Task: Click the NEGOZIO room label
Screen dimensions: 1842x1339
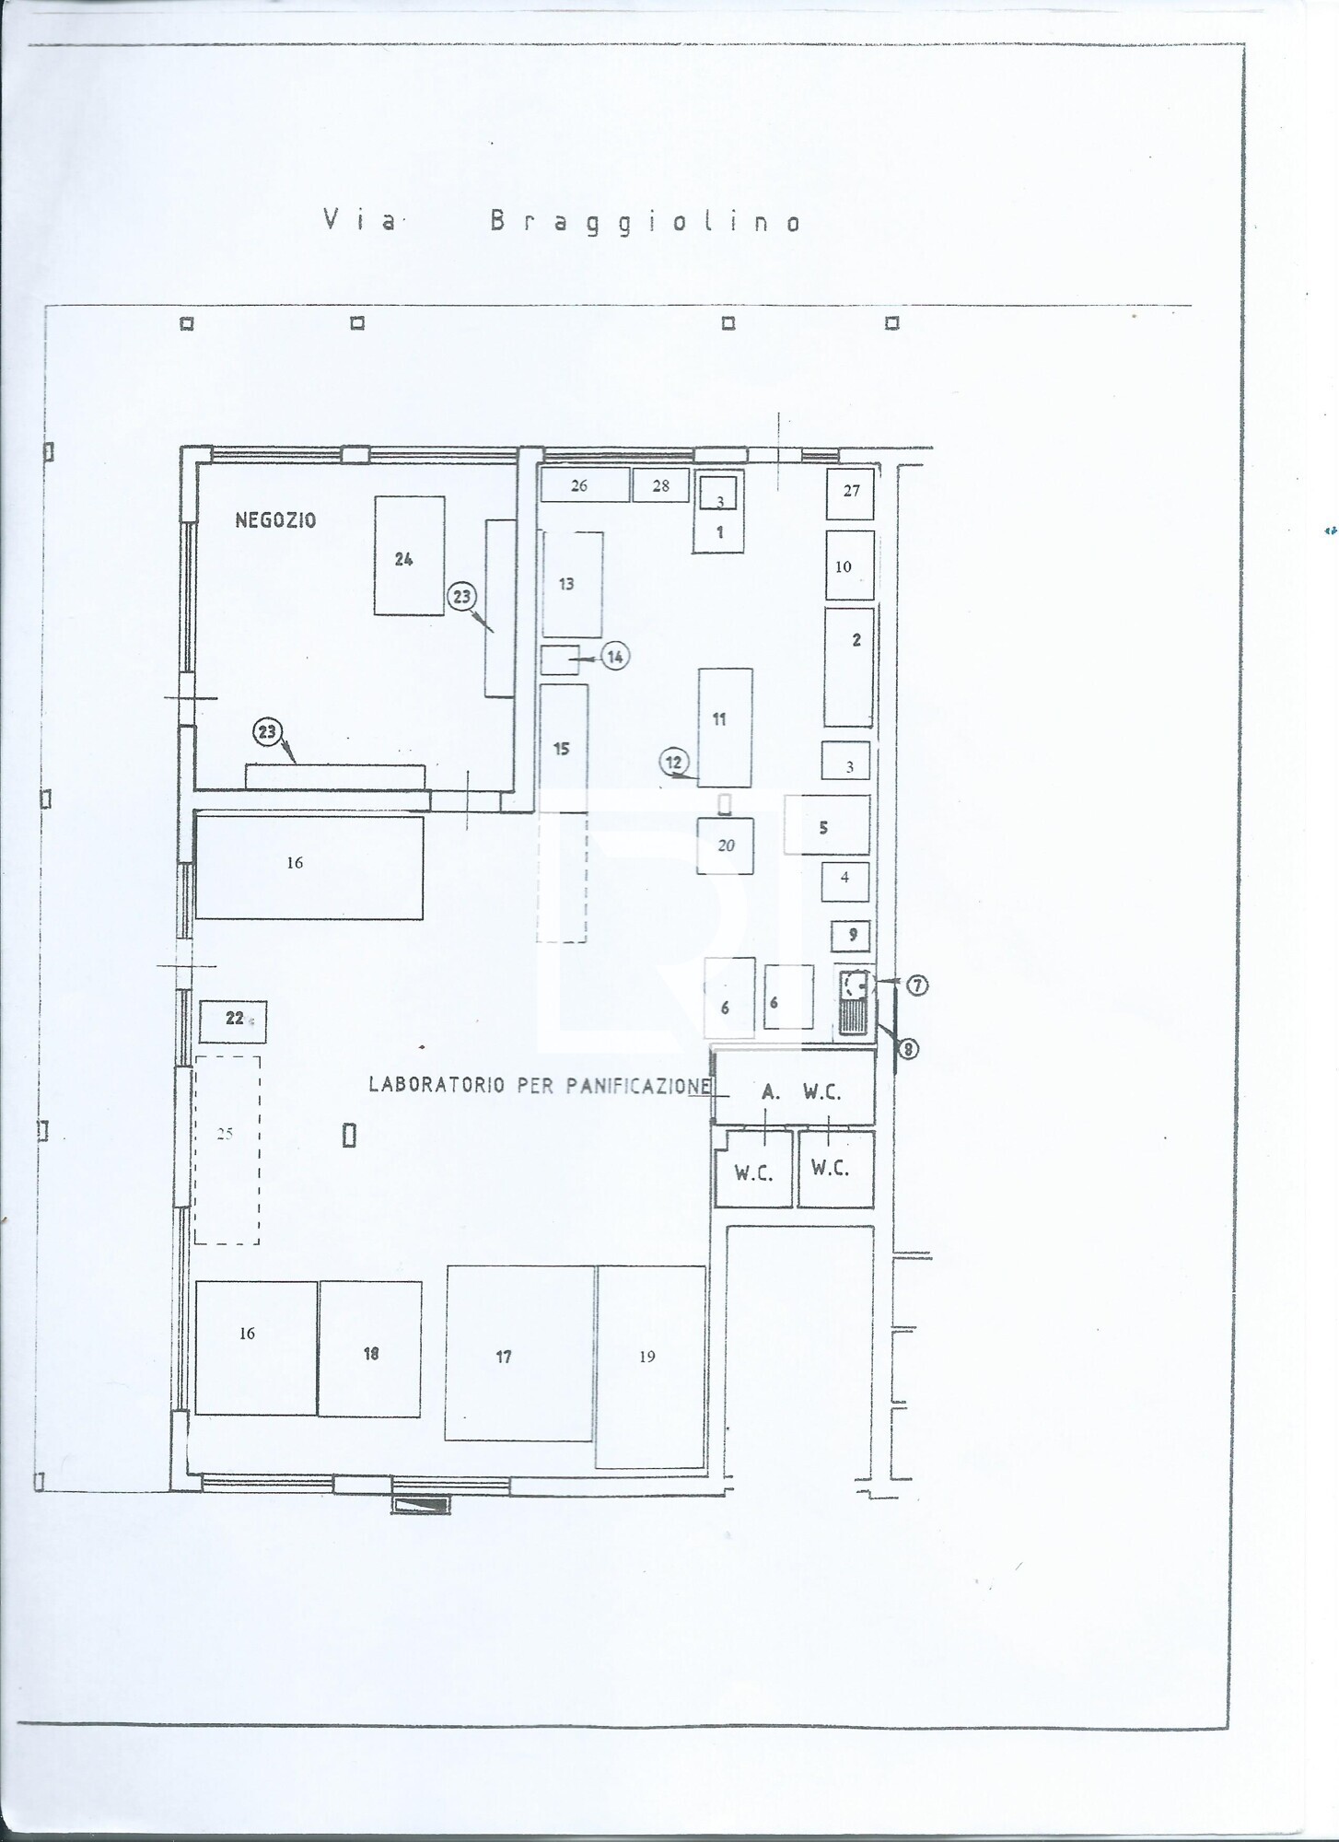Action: point(275,520)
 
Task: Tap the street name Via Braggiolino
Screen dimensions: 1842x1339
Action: point(563,222)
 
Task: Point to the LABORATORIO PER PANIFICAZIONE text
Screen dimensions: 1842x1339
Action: point(540,1085)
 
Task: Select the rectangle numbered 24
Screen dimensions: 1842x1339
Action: point(409,555)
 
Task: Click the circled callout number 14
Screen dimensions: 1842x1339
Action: point(615,657)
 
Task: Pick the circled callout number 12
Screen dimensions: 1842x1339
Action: point(674,762)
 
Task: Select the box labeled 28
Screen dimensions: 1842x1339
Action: point(660,485)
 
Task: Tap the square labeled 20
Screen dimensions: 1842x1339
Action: point(725,845)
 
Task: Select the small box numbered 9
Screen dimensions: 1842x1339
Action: point(852,936)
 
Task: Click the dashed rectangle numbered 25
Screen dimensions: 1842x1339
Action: point(227,1149)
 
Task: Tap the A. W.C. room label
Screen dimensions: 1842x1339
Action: point(801,1091)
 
